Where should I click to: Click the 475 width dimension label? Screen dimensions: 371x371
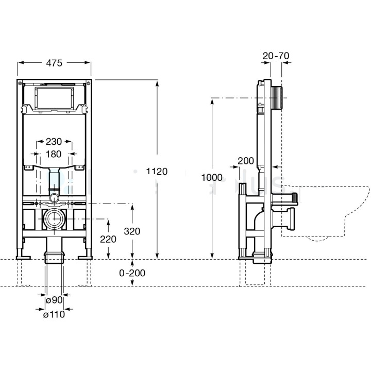pos(54,63)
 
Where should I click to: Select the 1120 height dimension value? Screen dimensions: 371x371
pos(157,172)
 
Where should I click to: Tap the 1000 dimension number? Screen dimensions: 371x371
pos(212,177)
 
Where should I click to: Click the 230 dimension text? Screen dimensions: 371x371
pos(53,141)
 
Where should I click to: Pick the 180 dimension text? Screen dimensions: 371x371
pos(53,154)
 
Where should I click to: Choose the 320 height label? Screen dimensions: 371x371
pos(133,231)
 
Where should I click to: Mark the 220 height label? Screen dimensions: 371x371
pos(108,239)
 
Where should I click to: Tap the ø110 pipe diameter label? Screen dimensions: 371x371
pos(54,314)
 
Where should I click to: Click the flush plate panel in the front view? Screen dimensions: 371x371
pos(54,98)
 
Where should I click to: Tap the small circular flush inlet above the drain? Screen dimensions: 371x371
pos(54,197)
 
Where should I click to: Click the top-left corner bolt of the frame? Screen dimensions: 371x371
pos(20,83)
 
